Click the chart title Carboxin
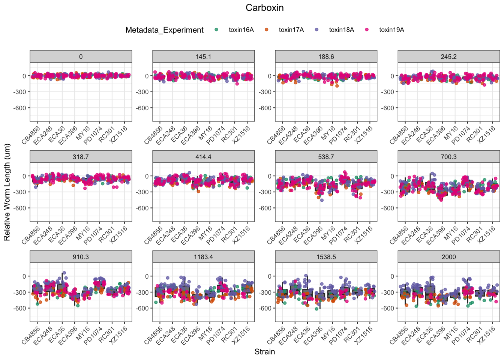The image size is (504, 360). click(265, 8)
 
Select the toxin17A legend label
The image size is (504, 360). click(291, 30)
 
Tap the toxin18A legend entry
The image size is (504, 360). click(341, 30)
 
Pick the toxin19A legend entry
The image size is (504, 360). click(391, 30)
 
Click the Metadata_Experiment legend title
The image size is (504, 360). click(164, 30)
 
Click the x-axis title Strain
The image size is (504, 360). click(265, 352)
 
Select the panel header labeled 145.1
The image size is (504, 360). click(203, 57)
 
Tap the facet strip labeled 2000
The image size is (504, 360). click(448, 257)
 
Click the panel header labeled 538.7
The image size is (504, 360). click(326, 157)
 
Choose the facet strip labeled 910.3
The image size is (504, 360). click(81, 257)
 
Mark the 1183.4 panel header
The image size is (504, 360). click(203, 257)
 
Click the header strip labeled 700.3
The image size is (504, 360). click(448, 157)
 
